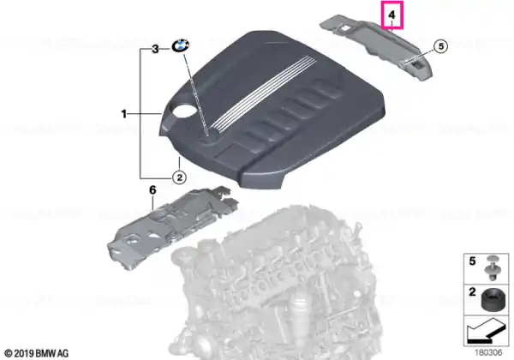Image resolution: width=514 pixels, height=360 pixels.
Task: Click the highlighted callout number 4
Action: point(392,15)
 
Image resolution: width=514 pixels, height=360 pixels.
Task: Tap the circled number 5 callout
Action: point(441,46)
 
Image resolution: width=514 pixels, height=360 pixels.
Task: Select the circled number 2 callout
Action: point(179,177)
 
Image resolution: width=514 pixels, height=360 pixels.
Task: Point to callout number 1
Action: point(124,114)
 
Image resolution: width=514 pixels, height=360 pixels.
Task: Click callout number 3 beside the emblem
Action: point(155,49)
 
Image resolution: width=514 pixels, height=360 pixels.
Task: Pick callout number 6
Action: point(152,190)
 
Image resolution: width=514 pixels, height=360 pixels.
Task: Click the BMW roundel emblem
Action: point(181,45)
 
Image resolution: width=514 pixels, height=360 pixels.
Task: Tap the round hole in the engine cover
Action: point(183,111)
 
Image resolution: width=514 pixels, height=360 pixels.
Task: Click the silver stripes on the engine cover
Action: point(264,93)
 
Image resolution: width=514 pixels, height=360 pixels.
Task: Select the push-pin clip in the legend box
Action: point(491,272)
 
